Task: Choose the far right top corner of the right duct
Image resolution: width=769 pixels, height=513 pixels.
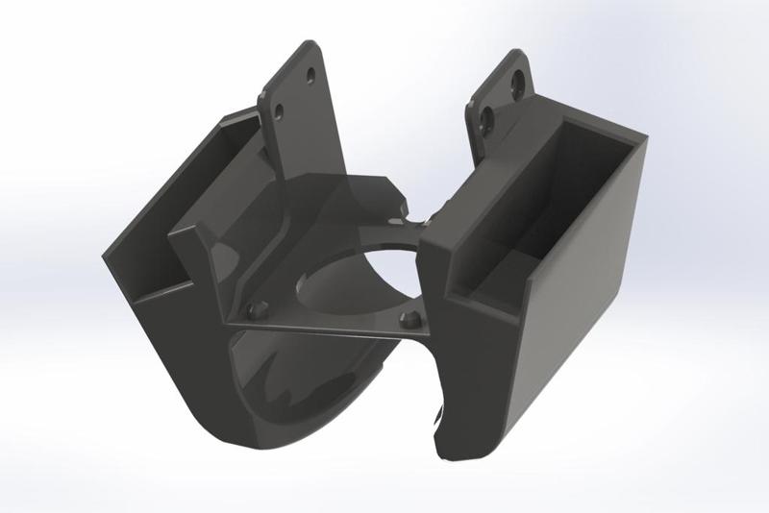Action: (x=646, y=139)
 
